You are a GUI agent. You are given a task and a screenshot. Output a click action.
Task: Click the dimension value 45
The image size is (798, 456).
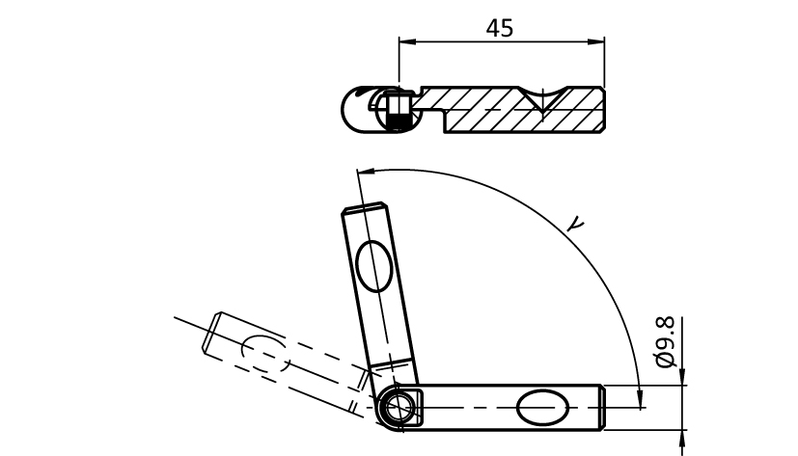[x=500, y=29]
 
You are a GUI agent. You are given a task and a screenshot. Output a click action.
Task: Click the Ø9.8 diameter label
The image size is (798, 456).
[x=665, y=341]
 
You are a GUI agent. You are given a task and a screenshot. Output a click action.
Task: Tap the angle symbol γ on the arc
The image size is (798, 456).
[x=576, y=225]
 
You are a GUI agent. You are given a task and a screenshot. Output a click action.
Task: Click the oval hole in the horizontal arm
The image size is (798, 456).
[x=542, y=407]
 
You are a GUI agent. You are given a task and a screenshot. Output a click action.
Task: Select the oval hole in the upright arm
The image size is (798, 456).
[x=374, y=266]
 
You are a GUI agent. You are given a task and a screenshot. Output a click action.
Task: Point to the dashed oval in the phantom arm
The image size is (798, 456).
[x=265, y=353]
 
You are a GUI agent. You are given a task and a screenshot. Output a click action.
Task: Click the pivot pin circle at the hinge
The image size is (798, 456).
[x=398, y=407]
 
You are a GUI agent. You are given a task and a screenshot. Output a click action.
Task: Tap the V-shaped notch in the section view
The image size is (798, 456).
[x=543, y=99]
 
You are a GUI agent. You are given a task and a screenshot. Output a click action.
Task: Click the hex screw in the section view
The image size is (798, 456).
[x=398, y=109]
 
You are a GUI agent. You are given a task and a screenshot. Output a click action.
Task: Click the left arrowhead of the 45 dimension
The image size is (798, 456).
[x=406, y=42]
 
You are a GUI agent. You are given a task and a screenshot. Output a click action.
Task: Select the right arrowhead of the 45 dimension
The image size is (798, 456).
[x=597, y=42]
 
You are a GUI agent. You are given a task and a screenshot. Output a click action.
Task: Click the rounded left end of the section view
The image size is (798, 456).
[x=351, y=110]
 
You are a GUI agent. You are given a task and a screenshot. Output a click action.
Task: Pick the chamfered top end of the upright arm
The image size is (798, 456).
[x=366, y=207]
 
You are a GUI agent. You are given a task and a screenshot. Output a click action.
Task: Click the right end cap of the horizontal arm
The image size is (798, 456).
[x=602, y=407]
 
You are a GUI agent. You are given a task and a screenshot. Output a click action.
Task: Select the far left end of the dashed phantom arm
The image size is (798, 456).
[x=211, y=333]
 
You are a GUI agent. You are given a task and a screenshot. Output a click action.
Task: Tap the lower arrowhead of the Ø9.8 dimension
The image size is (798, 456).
[x=682, y=438]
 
